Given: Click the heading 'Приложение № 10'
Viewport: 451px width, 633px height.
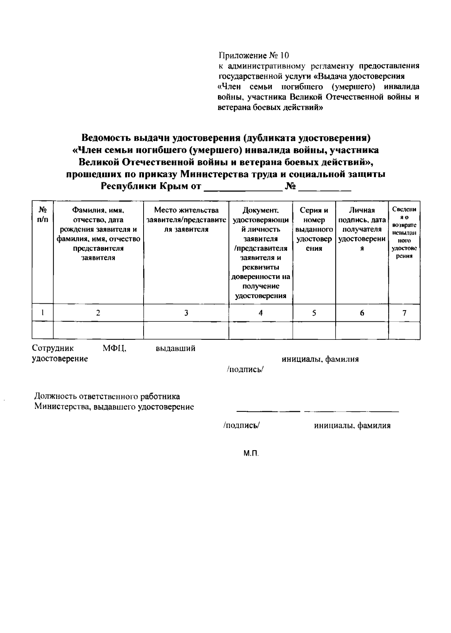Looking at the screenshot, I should [x=254, y=56].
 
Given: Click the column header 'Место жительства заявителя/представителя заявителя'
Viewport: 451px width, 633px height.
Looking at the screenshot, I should [x=186, y=220].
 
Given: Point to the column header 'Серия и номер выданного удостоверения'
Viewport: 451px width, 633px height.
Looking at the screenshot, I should [x=314, y=229].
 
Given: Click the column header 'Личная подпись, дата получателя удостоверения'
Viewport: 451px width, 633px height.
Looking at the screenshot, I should [x=362, y=229].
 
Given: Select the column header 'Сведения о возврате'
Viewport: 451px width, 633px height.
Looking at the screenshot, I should [x=404, y=233].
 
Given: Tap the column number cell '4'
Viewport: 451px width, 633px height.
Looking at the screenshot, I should [x=260, y=313].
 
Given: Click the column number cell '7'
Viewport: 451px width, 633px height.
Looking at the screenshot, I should [x=404, y=313].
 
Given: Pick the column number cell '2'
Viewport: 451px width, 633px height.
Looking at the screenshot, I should [x=98, y=313].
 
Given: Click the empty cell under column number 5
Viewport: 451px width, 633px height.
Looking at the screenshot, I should [x=314, y=330].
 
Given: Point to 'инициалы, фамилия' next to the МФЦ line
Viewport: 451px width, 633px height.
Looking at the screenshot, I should [x=320, y=359].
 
